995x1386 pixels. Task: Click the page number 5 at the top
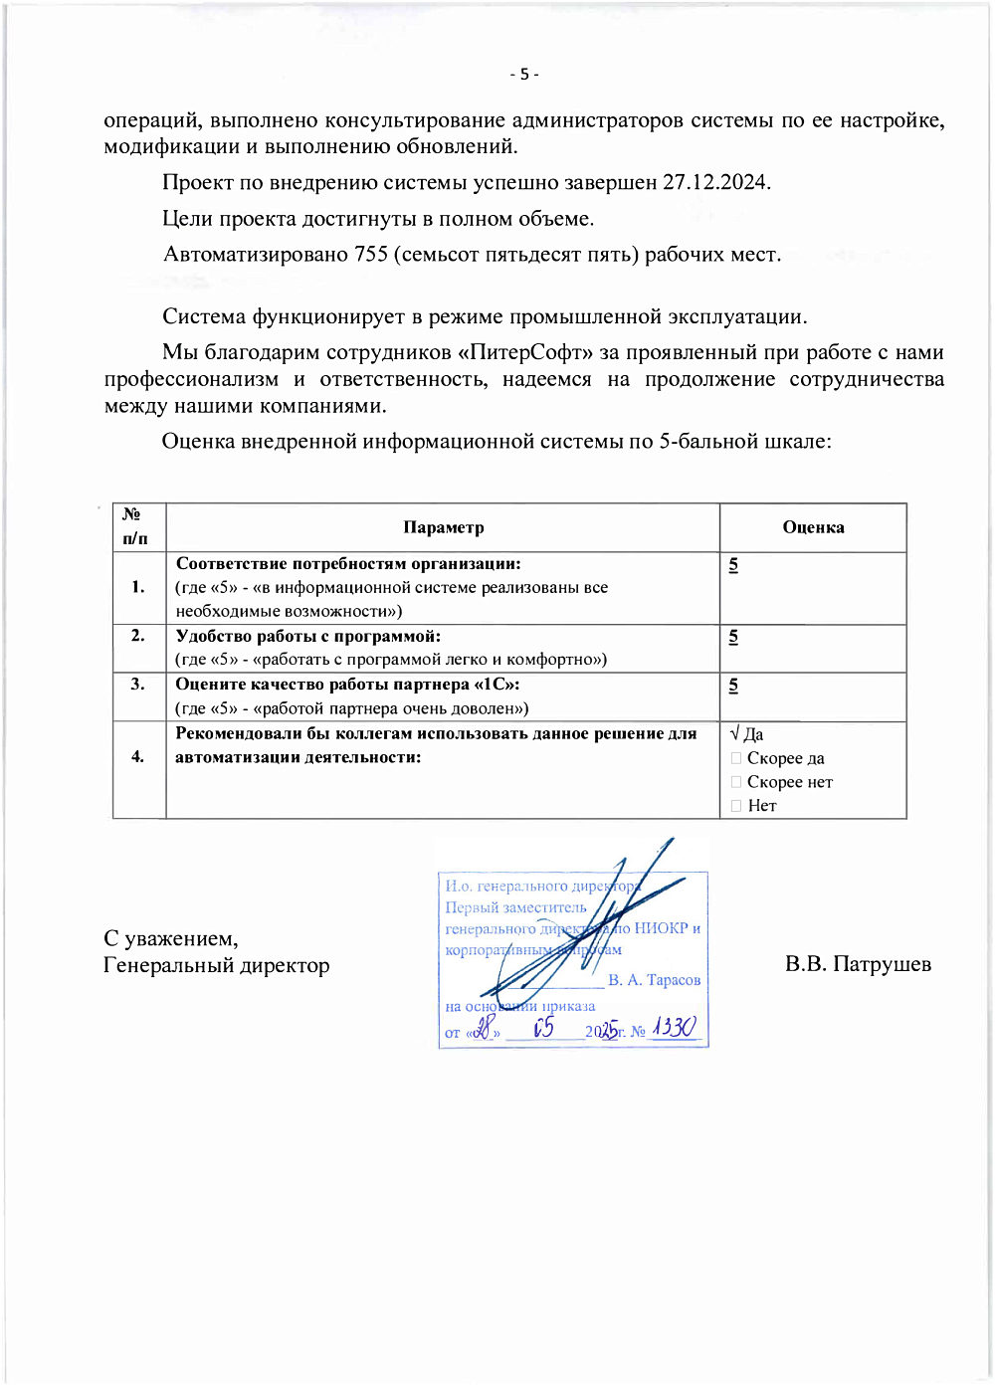tap(524, 75)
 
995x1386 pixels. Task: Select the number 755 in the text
tap(370, 255)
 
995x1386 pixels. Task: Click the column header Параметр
tap(443, 528)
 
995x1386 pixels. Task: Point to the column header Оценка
tap(813, 528)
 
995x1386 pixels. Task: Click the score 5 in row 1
tap(733, 565)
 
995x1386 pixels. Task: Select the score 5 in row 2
tap(733, 637)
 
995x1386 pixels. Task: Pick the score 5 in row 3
tap(733, 686)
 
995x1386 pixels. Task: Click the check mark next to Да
tap(734, 734)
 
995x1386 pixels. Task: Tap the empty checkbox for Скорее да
tap(736, 758)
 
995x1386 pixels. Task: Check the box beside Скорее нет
tap(736, 782)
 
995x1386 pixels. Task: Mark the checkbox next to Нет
tap(736, 806)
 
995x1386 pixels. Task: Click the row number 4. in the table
tap(138, 757)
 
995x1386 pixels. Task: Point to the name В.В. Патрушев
tap(858, 964)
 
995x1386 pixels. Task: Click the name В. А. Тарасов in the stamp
tap(654, 980)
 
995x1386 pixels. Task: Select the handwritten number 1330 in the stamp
tap(674, 1028)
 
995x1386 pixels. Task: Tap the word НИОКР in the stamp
tap(661, 928)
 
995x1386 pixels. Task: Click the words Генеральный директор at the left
tap(216, 965)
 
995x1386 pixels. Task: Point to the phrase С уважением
tap(170, 939)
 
